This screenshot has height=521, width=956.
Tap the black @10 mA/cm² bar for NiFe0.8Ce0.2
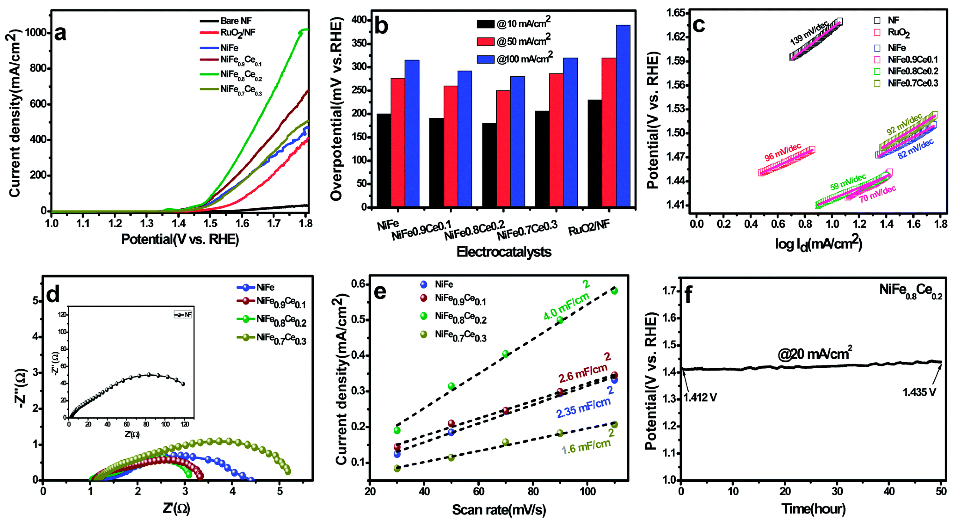[x=489, y=165]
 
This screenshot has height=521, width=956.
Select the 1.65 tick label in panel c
[x=675, y=13]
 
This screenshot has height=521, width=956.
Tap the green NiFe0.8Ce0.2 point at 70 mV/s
[x=505, y=354]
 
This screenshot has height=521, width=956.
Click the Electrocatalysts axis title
[x=504, y=252]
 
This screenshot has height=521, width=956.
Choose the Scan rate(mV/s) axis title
[x=499, y=510]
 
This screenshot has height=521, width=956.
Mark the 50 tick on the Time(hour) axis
[x=941, y=491]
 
